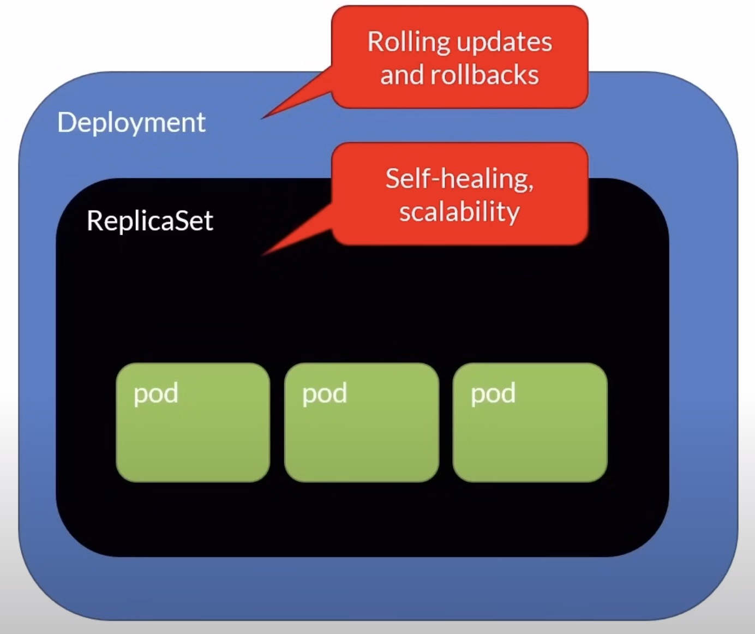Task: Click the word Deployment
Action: pos(131,123)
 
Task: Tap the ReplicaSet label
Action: pos(149,221)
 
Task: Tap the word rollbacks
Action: pos(484,75)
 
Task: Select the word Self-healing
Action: pos(459,179)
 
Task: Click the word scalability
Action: pos(459,212)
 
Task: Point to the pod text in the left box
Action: pos(156,393)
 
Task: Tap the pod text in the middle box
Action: pos(325,393)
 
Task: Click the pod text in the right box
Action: pos(493,393)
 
